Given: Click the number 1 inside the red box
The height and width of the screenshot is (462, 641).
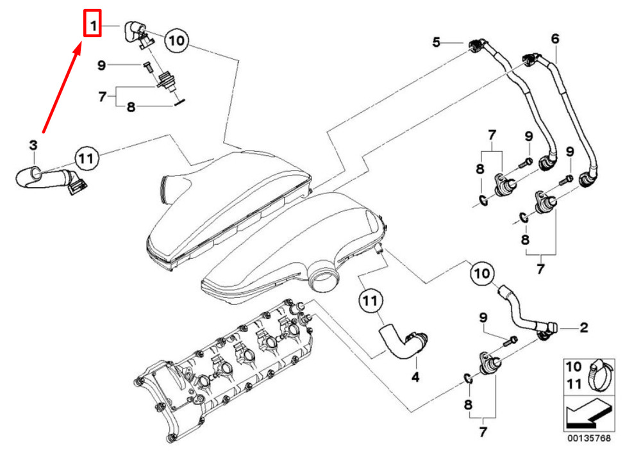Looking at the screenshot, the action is pyautogui.click(x=93, y=26).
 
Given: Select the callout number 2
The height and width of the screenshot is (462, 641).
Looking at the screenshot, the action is pyautogui.click(x=584, y=327).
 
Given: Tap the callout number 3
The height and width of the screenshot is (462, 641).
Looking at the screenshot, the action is pyautogui.click(x=33, y=145).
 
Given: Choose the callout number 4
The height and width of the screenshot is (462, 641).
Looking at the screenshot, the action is pyautogui.click(x=415, y=377).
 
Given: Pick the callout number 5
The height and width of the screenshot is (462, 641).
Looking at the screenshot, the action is pyautogui.click(x=436, y=42).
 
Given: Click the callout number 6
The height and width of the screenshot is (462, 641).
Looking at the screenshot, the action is pyautogui.click(x=554, y=39).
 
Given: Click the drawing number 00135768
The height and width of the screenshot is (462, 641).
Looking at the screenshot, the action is pyautogui.click(x=588, y=438).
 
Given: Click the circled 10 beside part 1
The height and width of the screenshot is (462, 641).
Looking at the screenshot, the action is pyautogui.click(x=177, y=40).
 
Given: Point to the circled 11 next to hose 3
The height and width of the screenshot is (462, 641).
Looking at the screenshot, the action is pyautogui.click(x=87, y=158).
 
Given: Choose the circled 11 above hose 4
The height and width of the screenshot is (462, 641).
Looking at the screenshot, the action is pyautogui.click(x=370, y=301).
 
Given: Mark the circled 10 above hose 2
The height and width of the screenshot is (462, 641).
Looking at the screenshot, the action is pyautogui.click(x=482, y=273).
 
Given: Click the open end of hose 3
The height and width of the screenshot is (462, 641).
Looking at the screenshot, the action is pyautogui.click(x=35, y=173).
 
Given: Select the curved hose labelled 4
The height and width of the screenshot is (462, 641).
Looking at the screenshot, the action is pyautogui.click(x=403, y=342).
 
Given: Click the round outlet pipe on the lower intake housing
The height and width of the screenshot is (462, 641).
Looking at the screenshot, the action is pyautogui.click(x=324, y=278).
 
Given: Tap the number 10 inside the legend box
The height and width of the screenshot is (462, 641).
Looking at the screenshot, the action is pyautogui.click(x=573, y=367).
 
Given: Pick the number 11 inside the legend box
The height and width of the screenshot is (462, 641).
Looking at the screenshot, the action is pyautogui.click(x=573, y=384).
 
